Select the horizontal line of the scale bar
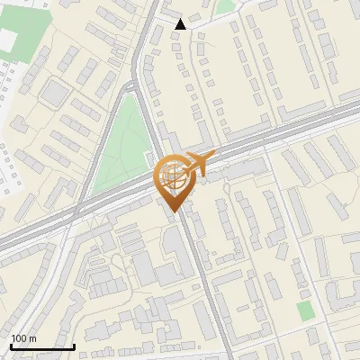[42, 346]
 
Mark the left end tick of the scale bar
[11, 345]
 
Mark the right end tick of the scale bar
[74, 345]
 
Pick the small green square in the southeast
[307, 310]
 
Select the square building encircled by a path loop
[55, 92]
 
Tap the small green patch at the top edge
[225, 6]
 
